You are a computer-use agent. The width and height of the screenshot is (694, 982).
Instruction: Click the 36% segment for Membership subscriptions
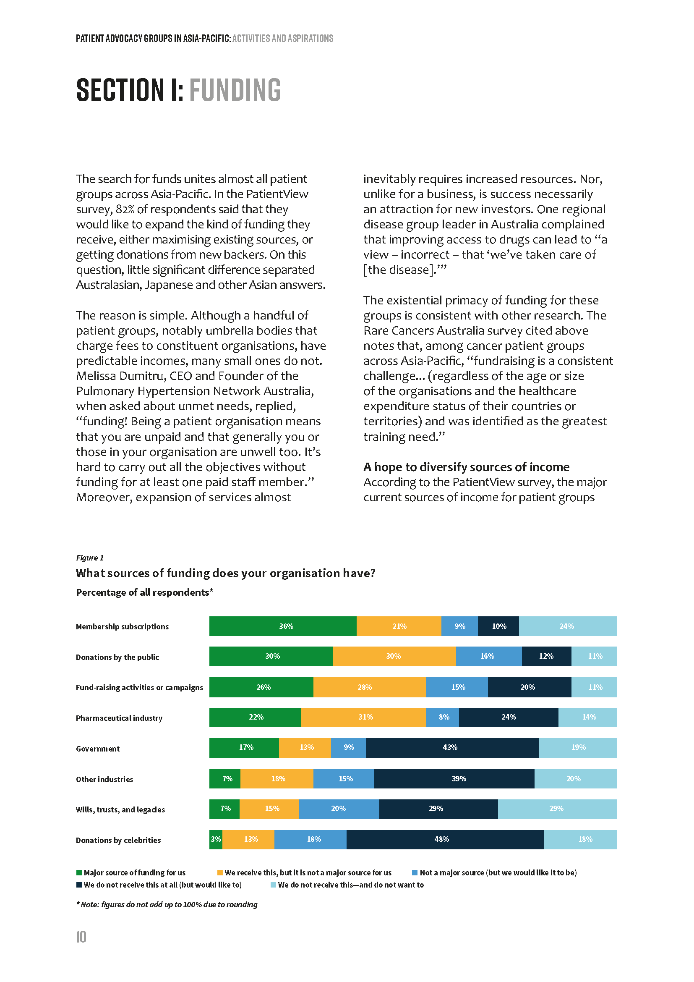[283, 626]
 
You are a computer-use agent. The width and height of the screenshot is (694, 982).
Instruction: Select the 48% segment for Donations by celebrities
[445, 839]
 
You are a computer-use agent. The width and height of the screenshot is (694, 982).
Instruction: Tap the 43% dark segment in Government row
[452, 748]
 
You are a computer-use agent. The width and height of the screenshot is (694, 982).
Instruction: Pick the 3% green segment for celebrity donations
[216, 839]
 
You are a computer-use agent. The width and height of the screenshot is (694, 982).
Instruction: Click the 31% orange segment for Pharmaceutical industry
[363, 717]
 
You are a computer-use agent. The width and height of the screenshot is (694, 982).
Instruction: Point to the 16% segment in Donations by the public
[488, 656]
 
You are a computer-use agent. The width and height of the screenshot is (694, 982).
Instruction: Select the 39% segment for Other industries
[454, 778]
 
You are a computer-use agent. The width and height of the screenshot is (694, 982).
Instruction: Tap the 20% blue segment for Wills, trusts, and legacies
[339, 809]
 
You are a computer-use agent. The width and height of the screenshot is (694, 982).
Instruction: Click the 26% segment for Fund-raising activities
[261, 687]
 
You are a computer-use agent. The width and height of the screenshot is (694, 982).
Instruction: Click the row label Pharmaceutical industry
[119, 718]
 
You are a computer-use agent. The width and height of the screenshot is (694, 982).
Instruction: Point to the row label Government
[98, 749]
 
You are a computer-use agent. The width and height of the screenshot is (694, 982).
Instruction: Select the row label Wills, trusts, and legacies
[120, 809]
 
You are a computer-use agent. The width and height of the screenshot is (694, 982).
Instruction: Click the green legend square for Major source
[79, 872]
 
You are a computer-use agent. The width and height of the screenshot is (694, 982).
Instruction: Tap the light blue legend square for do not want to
[273, 885]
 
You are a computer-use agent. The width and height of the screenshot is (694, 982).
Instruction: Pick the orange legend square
[220, 872]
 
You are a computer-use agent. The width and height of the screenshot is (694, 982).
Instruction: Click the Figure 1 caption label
[90, 558]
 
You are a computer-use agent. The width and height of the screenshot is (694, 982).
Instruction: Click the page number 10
[81, 937]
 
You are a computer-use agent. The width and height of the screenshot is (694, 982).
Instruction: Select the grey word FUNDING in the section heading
[235, 90]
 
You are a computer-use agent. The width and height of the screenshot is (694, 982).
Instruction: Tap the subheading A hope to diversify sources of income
[466, 466]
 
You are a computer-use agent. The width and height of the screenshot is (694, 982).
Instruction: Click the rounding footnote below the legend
[167, 905]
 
